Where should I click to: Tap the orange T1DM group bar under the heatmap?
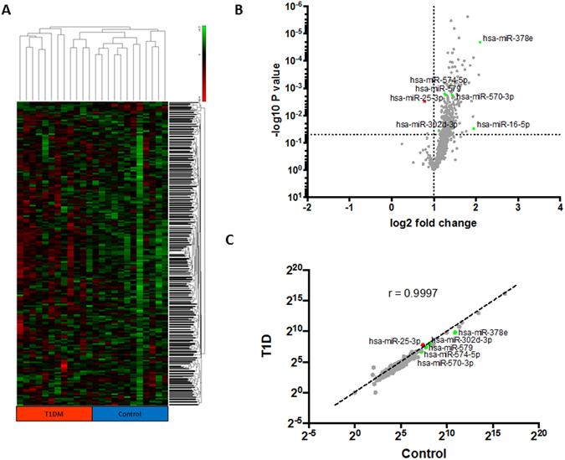(x=54, y=414)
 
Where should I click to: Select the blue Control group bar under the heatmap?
(x=130, y=414)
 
